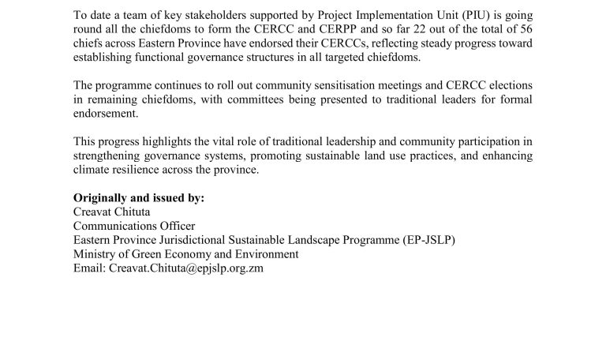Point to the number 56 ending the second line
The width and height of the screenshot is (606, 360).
click(x=525, y=29)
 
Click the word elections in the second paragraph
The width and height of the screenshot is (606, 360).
click(x=510, y=84)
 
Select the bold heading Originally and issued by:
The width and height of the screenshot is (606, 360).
click(x=139, y=197)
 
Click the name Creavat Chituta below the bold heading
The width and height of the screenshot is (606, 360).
click(x=112, y=212)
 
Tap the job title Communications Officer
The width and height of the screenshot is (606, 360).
click(x=134, y=226)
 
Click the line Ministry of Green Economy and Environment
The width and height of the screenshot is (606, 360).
click(x=186, y=254)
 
